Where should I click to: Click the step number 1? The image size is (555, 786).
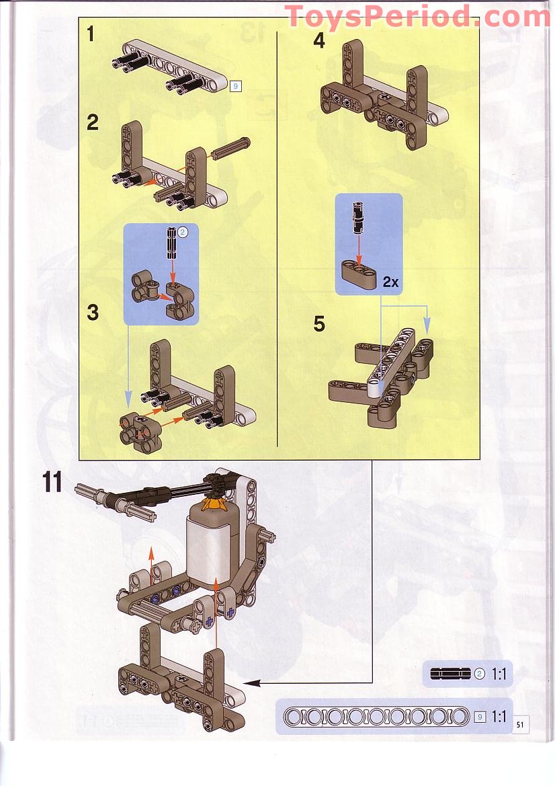pyautogui.click(x=91, y=34)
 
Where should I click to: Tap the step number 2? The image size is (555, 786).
pyautogui.click(x=93, y=122)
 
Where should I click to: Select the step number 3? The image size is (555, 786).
pyautogui.click(x=93, y=313)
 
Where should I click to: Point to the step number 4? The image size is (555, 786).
pyautogui.click(x=319, y=40)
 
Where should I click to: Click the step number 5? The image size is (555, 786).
pyautogui.click(x=319, y=323)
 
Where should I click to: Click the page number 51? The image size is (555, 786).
pyautogui.click(x=520, y=724)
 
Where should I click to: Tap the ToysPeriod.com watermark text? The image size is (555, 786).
pyautogui.click(x=418, y=16)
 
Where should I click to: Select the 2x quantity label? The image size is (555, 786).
pyautogui.click(x=390, y=282)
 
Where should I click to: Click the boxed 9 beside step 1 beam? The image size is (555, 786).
pyautogui.click(x=234, y=86)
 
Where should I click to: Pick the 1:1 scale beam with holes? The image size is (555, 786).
pyautogui.click(x=376, y=716)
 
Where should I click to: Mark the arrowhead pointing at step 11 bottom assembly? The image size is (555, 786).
pyautogui.click(x=250, y=683)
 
